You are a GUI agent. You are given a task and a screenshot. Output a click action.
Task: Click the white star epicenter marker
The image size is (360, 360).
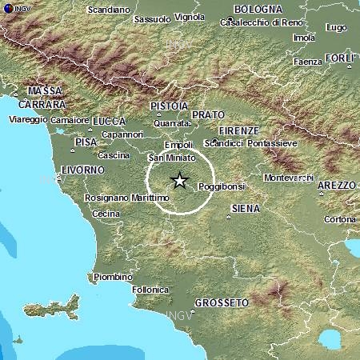(180, 181)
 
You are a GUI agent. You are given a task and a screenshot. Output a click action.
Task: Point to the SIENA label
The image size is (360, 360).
(245, 208)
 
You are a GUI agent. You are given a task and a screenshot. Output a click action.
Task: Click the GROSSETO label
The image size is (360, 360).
(222, 302)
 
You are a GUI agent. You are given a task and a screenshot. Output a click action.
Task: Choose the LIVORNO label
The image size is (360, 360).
(82, 170)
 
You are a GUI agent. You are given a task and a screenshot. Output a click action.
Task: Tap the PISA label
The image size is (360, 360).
(86, 142)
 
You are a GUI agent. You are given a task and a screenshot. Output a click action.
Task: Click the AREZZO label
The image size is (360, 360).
(336, 185)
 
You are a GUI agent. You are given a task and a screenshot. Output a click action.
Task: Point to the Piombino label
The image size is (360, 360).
(113, 277)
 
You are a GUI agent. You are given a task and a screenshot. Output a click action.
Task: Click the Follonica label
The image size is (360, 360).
(150, 288)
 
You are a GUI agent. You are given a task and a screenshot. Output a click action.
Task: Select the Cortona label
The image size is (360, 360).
(340, 218)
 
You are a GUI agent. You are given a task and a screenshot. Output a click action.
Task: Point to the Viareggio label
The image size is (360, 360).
(29, 119)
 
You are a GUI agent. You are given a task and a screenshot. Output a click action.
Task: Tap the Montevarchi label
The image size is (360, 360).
(289, 176)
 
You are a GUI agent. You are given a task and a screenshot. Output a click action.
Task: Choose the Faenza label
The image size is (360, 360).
(307, 62)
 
